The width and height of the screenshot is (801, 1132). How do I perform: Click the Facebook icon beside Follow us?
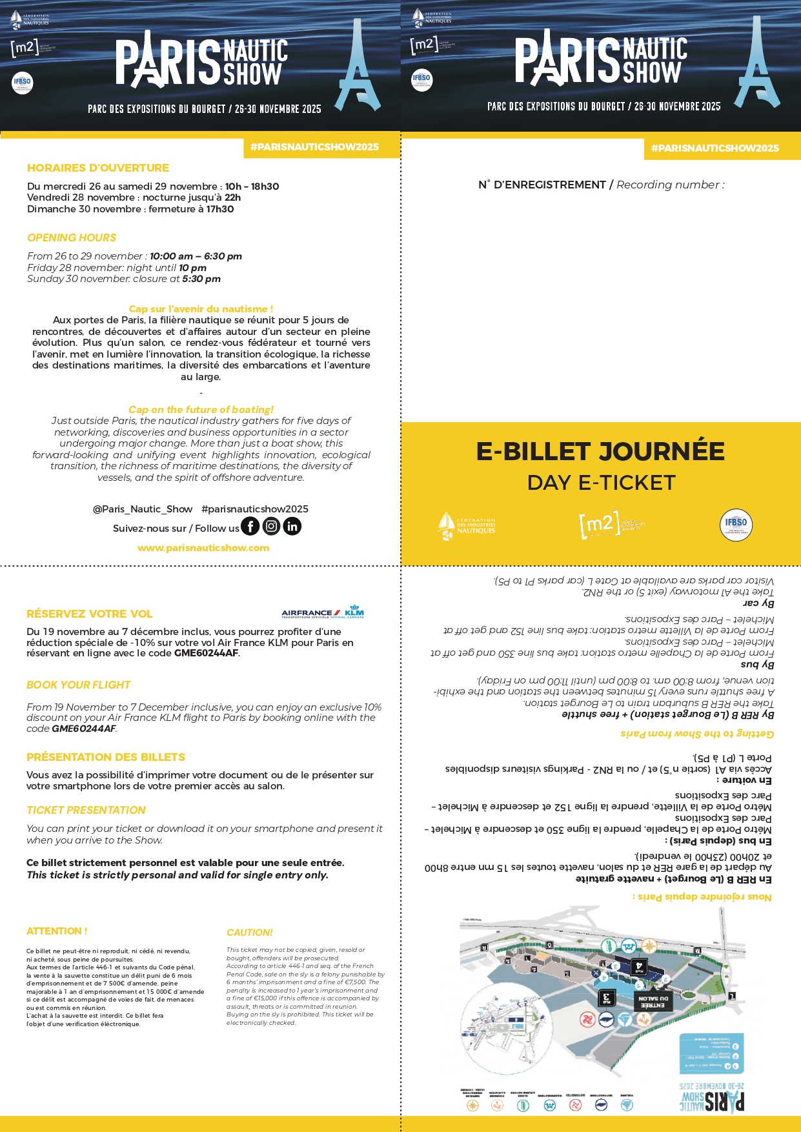[x=250, y=527]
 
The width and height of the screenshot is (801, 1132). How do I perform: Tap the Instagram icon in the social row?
[x=272, y=527]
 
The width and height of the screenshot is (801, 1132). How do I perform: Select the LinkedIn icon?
[x=292, y=527]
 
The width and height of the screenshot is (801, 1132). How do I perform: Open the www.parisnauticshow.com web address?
[x=203, y=548]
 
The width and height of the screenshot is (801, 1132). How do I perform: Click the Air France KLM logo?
[x=323, y=612]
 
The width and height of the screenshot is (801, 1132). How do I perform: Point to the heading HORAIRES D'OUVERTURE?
[x=98, y=168]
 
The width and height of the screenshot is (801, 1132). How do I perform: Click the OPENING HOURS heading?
[x=72, y=238]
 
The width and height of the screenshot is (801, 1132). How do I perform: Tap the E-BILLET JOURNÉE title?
[x=600, y=452]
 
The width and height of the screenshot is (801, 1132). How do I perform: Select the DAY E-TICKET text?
[x=601, y=483]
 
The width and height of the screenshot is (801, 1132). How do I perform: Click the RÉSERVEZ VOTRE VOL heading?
[x=90, y=614]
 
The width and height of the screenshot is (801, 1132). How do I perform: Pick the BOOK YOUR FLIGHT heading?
[x=78, y=685]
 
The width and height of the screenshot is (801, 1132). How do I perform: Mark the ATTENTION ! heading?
[x=57, y=931]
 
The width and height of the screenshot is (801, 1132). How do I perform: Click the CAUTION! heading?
[x=250, y=933]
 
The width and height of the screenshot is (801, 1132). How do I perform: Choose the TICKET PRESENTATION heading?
[x=86, y=810]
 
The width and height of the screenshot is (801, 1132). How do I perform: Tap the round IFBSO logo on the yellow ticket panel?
[x=736, y=524]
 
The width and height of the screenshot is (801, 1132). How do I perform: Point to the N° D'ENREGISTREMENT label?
[x=542, y=185]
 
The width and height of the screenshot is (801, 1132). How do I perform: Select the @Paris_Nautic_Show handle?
[x=143, y=509]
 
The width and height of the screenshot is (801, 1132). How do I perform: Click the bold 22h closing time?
[x=232, y=197]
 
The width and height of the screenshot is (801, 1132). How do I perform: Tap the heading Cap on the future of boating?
[x=201, y=410]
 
